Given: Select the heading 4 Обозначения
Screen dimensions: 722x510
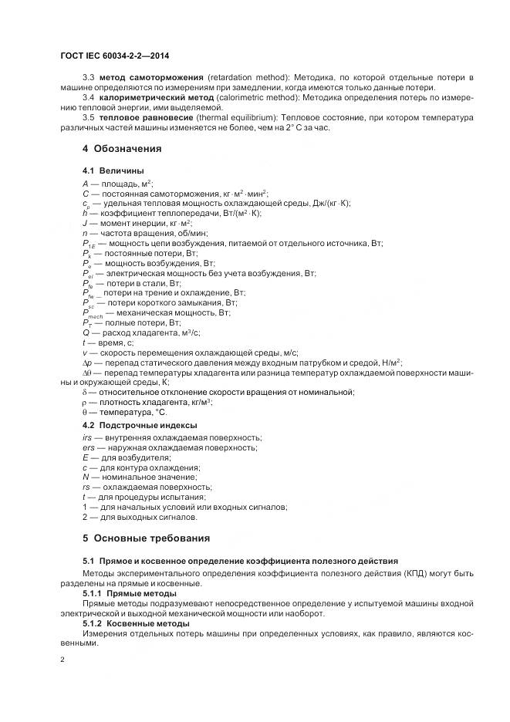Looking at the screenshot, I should click(122, 148).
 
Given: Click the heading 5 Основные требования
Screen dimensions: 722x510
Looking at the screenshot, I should click(146, 538).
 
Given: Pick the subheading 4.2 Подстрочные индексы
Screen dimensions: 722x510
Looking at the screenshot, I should click(140, 425).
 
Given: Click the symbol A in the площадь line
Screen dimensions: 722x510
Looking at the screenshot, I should click(85, 183).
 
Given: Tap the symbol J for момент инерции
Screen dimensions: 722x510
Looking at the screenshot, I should click(84, 223).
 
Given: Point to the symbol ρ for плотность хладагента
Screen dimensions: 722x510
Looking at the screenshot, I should click(85, 403).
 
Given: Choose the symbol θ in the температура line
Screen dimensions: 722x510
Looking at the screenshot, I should click(85, 413).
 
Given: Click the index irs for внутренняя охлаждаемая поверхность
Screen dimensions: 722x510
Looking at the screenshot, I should click(87, 437).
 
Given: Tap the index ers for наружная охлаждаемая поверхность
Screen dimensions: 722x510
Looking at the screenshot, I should click(88, 447).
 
